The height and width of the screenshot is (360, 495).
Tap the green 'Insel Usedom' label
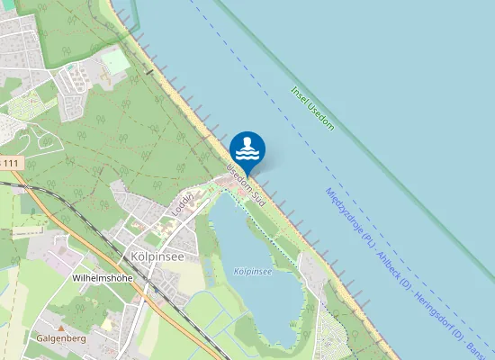click(x=312, y=108)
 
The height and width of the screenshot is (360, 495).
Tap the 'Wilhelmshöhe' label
click(x=102, y=279)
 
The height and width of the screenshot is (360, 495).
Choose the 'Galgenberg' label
click(x=61, y=338)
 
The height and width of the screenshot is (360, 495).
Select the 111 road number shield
click(x=10, y=162)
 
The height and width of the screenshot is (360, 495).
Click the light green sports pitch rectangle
click(x=115, y=61)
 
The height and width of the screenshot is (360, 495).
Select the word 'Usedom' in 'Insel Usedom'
click(x=319, y=114)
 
